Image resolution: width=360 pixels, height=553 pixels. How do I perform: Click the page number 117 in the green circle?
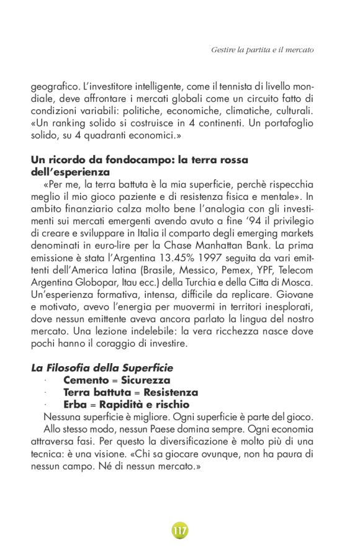pyautogui.click(x=180, y=531)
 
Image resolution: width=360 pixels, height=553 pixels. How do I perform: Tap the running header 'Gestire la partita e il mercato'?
pyautogui.click(x=263, y=48)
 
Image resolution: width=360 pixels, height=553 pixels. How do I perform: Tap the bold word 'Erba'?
pyautogui.click(x=75, y=405)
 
